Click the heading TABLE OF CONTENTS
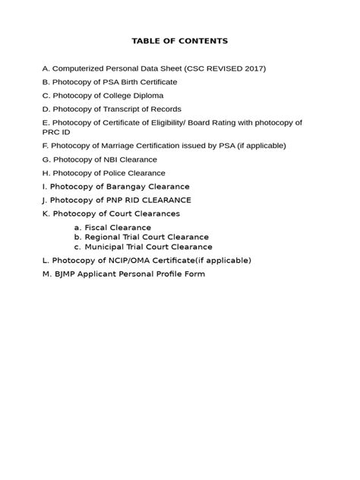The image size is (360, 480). click(x=179, y=40)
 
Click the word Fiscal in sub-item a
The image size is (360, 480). click(x=96, y=227)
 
